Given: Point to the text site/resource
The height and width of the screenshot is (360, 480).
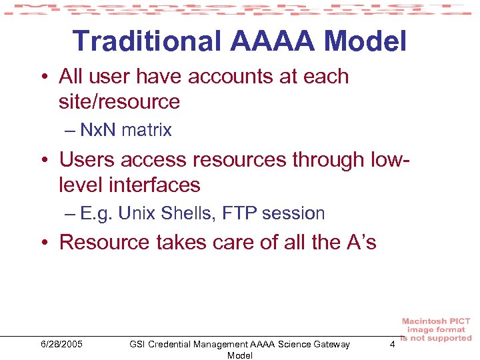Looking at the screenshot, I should (119, 102).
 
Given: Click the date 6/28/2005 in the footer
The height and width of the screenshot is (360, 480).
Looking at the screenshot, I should (61, 344).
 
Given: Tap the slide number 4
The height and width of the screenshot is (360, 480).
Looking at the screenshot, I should (392, 344).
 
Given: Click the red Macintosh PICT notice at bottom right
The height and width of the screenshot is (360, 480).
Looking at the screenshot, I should (437, 329).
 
